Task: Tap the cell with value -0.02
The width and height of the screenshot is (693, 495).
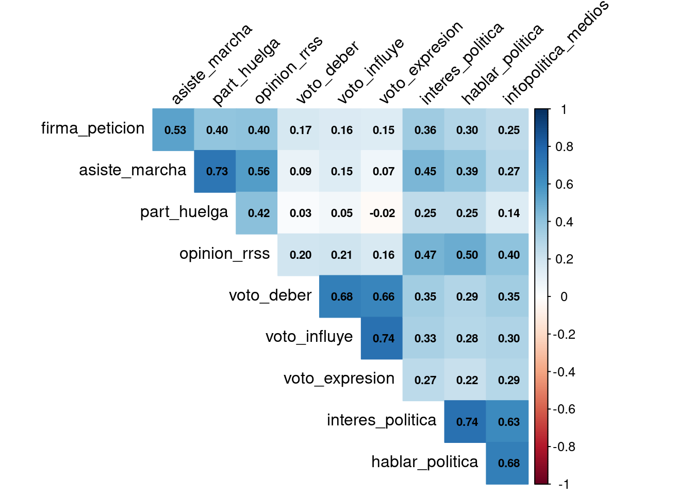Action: [382, 213]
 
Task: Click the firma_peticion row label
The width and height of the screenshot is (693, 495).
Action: [93, 128]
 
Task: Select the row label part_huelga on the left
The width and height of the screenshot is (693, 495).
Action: [184, 212]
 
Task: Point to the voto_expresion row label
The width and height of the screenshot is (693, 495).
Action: [339, 378]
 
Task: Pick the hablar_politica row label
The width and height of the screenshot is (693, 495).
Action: [424, 462]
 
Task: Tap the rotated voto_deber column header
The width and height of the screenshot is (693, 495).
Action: [327, 73]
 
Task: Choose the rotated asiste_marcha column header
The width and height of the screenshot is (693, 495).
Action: [211, 64]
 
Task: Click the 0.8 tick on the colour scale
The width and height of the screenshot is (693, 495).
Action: [564, 147]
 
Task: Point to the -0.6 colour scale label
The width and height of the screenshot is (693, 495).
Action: [564, 409]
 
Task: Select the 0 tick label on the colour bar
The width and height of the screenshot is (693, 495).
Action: [564, 297]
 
